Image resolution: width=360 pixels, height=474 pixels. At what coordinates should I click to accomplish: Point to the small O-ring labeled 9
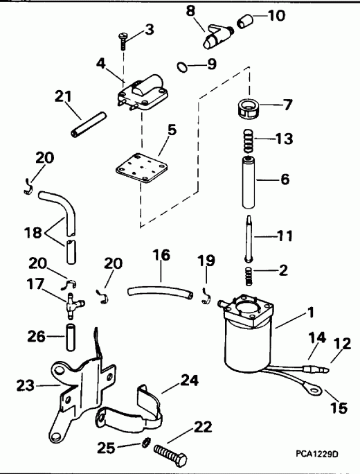point(181,67)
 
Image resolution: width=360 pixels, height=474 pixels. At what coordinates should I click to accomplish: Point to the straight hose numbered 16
point(158,288)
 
